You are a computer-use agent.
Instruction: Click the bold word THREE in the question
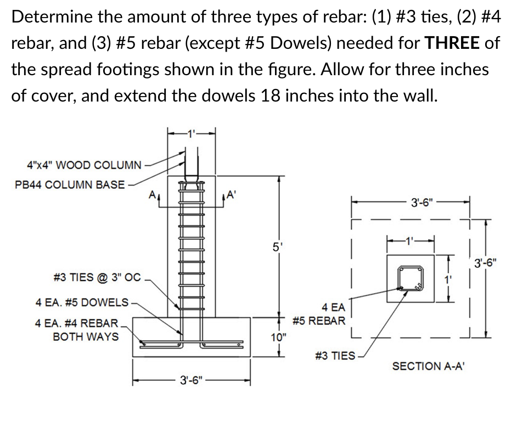[453, 43]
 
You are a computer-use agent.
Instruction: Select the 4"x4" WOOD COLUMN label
[84, 165]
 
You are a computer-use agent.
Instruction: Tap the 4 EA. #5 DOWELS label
[82, 302]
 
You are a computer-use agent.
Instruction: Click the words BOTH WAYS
[85, 336]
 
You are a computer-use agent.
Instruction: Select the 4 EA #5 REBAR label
[319, 314]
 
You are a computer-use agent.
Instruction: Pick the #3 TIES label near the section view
[335, 356]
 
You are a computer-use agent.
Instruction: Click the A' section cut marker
[231, 193]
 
